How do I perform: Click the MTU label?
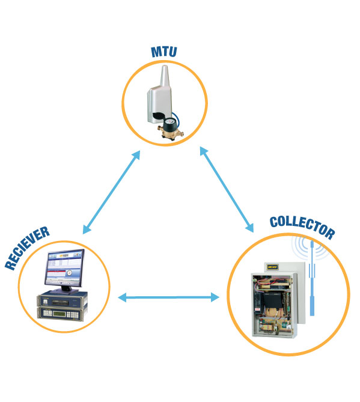pos(164,52)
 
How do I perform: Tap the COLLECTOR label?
pos(302,227)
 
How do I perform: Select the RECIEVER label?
pos(27,248)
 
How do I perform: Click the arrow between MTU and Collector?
pos(227,189)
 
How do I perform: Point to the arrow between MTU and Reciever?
pos(112,192)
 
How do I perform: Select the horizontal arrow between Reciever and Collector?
pos(168,297)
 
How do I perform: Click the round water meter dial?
pos(169,121)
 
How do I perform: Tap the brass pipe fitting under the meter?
pos(171,133)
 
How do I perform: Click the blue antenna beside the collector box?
pos(312,278)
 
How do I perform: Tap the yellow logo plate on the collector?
pos(273,267)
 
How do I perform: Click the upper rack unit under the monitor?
pos(63,300)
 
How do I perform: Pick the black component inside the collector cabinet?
pos(273,301)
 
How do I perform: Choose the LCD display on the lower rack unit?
pos(59,313)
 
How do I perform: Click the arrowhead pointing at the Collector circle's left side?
pos(215,297)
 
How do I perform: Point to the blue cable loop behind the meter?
pos(177,118)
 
